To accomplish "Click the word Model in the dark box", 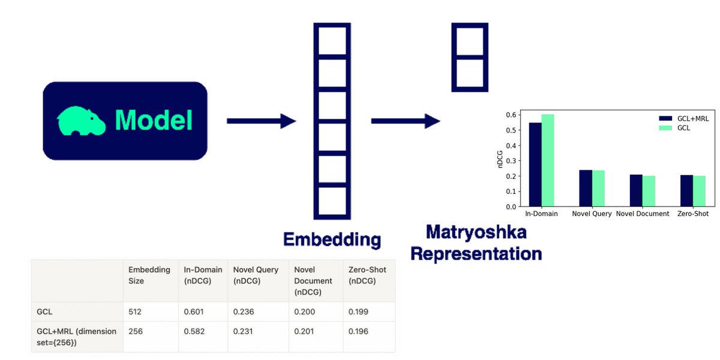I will click(x=154, y=120).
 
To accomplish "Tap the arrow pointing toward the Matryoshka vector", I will click(x=406, y=121).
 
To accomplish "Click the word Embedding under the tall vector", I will click(x=332, y=239).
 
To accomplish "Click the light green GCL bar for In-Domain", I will click(x=548, y=160).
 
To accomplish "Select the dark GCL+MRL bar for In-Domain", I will click(x=535, y=164).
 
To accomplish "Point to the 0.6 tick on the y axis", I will click(x=511, y=115).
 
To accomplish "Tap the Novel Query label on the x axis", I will click(x=592, y=214).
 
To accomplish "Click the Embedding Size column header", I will click(x=149, y=275).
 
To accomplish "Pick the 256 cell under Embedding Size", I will click(x=135, y=331).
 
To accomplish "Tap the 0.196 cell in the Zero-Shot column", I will click(x=358, y=331).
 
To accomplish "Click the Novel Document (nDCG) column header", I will click(x=313, y=281).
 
